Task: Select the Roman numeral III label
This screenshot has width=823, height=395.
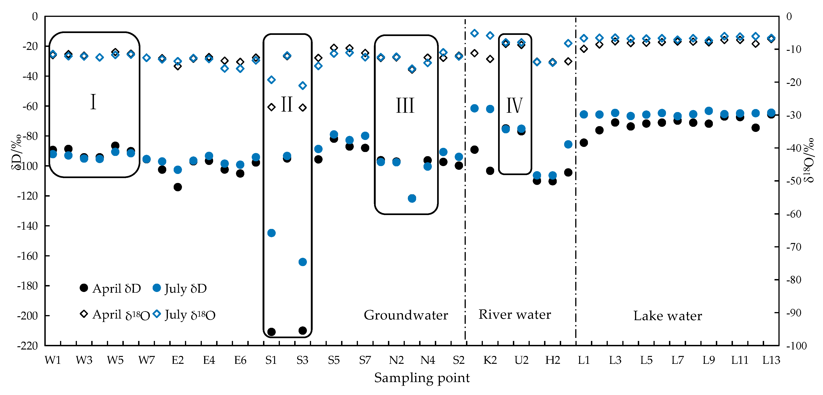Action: click(405, 106)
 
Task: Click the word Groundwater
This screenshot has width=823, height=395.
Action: click(406, 315)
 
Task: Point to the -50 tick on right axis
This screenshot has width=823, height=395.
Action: click(794, 181)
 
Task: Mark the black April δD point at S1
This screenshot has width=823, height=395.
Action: click(271, 332)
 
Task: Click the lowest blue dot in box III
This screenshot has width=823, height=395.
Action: click(412, 198)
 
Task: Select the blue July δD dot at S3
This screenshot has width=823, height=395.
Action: click(303, 262)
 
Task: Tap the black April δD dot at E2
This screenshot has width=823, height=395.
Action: click(178, 187)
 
